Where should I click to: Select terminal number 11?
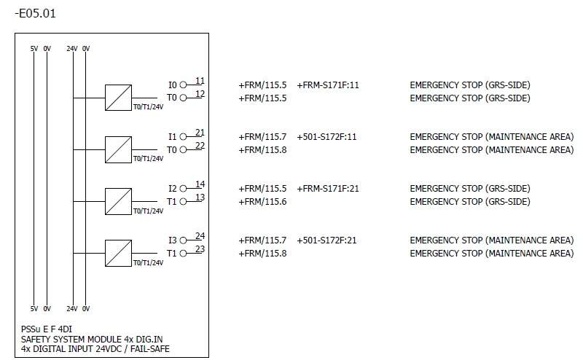[200, 81]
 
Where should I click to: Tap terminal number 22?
[200, 146]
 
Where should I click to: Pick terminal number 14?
[200, 184]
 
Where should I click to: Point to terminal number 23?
[200, 250]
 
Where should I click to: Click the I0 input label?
[173, 85]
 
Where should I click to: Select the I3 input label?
[173, 240]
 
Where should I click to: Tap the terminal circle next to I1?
[184, 136]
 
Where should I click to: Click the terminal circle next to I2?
[184, 188]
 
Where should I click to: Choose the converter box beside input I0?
[118, 98]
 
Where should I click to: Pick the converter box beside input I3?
[118, 253]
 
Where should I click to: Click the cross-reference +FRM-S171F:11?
[328, 85]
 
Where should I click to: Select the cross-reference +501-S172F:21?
[326, 240]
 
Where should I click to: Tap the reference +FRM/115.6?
[262, 202]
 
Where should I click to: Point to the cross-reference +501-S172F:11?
[326, 136]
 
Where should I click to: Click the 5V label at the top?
[34, 48]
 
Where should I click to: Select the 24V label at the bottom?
[72, 308]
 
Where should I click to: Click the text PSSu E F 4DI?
[47, 329]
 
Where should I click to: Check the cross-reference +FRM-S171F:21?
[328, 188]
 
